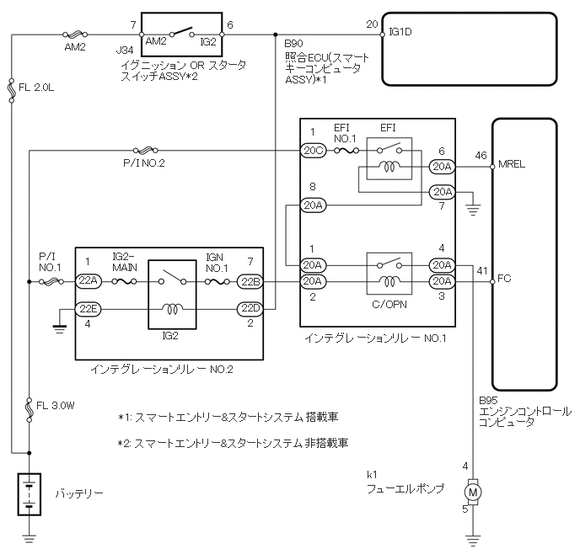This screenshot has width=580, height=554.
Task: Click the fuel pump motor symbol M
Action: click(474, 490)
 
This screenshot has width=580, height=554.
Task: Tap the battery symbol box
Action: click(30, 494)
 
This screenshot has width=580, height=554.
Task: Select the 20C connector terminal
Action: click(312, 151)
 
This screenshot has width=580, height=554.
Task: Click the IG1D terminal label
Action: click(400, 33)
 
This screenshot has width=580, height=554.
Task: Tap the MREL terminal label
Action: click(512, 163)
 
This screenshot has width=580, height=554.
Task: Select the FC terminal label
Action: click(504, 278)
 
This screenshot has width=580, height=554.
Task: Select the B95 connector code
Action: click(487, 402)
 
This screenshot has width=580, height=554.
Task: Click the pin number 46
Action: click(481, 156)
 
